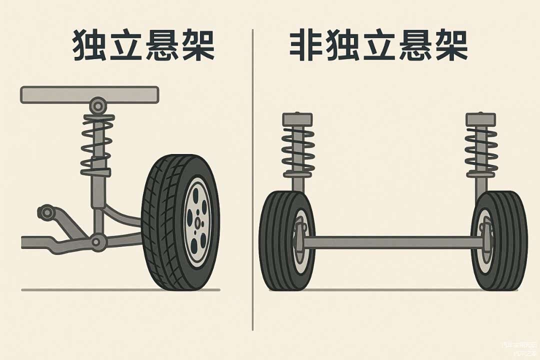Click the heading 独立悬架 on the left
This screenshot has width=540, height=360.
(143, 45)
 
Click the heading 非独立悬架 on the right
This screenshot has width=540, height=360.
(378, 45)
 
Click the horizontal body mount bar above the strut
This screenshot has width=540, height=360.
(89, 94)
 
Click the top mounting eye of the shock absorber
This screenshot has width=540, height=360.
(98, 105)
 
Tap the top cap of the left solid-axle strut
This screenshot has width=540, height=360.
(297, 119)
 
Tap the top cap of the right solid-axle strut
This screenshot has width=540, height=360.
(480, 119)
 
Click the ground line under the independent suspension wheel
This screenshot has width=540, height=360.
(120, 289)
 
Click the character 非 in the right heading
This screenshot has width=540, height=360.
(305, 45)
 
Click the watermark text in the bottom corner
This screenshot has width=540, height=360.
(520, 348)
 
